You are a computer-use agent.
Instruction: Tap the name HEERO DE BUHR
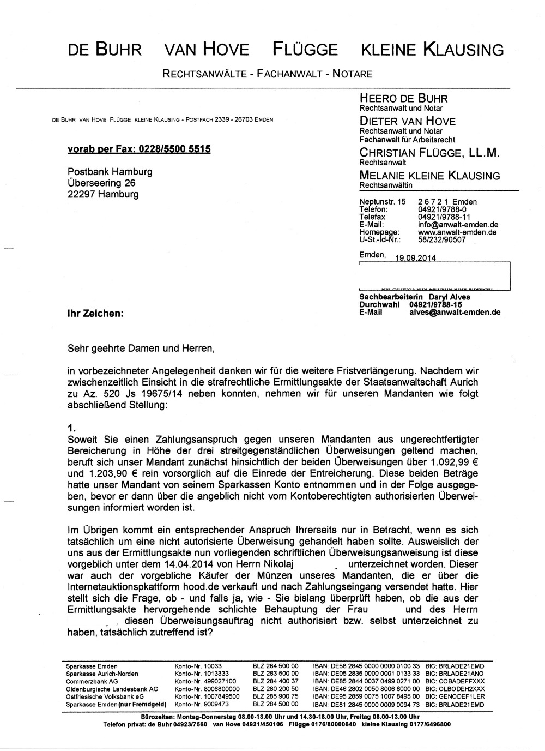click(x=403, y=99)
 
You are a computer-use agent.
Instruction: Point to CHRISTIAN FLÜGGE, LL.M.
click(x=429, y=153)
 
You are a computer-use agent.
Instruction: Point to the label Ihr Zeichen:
click(x=95, y=314)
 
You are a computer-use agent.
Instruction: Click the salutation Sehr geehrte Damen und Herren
click(x=137, y=347)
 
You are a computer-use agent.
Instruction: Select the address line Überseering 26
click(x=101, y=183)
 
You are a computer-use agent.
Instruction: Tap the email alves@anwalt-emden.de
click(x=455, y=313)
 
